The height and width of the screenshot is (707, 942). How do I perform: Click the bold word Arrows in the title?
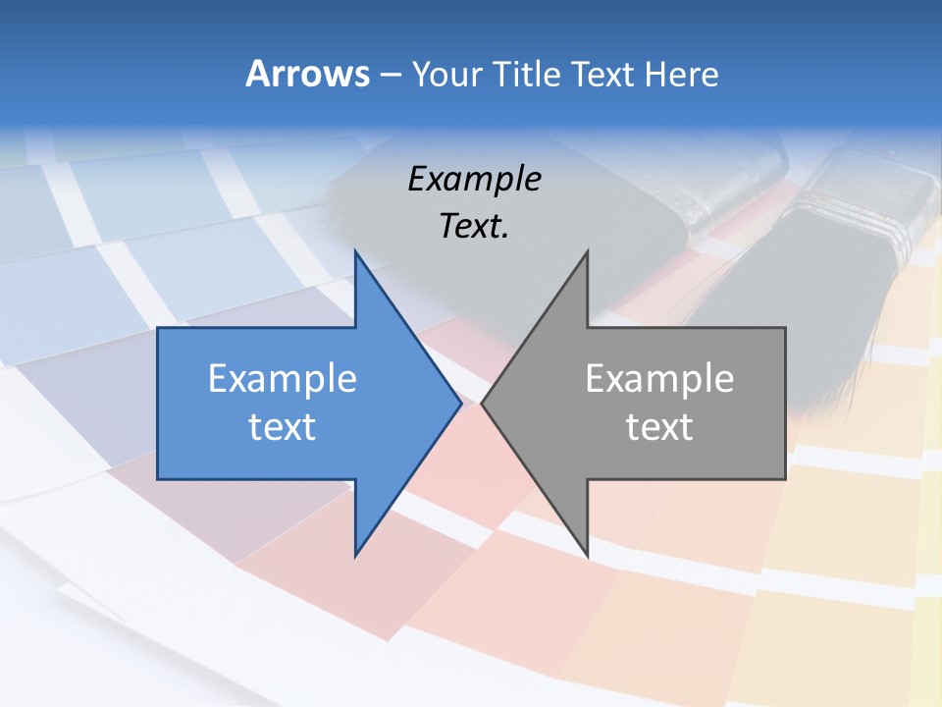(x=306, y=74)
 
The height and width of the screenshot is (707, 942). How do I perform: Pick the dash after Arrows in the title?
(x=390, y=75)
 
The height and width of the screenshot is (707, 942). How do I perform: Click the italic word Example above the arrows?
(x=475, y=180)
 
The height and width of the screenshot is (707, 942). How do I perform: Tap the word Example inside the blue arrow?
(x=283, y=379)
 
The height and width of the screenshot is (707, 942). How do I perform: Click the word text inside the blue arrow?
(x=283, y=427)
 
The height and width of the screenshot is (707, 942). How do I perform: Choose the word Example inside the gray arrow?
(x=659, y=379)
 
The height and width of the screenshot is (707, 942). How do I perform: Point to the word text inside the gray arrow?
(x=659, y=427)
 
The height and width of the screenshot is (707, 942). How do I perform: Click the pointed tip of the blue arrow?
(x=460, y=403)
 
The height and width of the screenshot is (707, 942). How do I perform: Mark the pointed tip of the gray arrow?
(x=483, y=403)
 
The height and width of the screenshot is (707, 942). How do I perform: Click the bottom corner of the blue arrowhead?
(x=355, y=554)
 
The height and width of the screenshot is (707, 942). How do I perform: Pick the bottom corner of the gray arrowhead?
(x=587, y=554)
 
